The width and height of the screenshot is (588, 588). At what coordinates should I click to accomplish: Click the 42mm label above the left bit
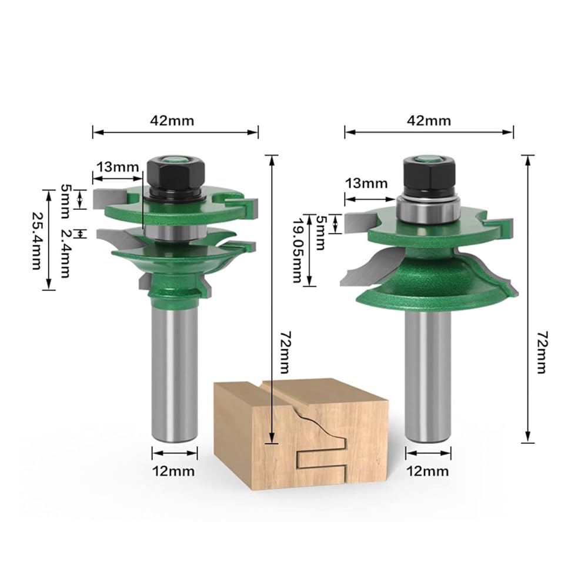tap(172, 121)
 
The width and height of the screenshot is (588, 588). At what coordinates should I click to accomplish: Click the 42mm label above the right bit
tap(429, 121)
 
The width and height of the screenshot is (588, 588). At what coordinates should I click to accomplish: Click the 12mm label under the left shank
tap(173, 471)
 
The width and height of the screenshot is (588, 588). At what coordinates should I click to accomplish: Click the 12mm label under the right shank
tap(427, 471)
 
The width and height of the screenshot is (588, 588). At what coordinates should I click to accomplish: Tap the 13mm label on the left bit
tap(118, 167)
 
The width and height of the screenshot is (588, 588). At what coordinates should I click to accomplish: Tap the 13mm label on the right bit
tap(366, 183)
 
